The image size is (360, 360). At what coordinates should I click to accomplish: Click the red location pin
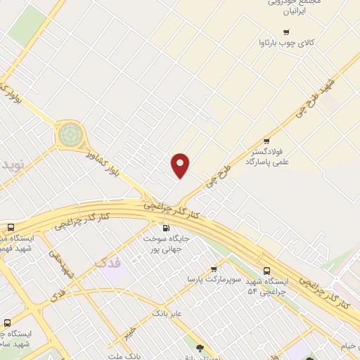tap(181, 165)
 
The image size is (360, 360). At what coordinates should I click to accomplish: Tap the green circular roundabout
tap(70, 133)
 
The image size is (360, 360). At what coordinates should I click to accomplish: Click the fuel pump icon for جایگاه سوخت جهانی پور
tap(166, 227)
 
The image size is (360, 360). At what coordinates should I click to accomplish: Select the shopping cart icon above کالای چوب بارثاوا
tap(285, 32)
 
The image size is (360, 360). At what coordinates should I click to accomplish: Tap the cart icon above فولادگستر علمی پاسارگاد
tap(266, 140)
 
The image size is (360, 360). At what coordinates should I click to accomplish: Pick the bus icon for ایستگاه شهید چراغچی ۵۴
tap(266, 271)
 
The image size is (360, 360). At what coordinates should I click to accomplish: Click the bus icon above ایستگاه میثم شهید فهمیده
tap(11, 228)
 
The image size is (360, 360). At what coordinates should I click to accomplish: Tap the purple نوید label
tap(12, 167)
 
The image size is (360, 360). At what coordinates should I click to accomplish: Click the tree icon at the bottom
tap(201, 347)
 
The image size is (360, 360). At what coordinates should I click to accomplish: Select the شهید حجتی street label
tap(62, 259)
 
